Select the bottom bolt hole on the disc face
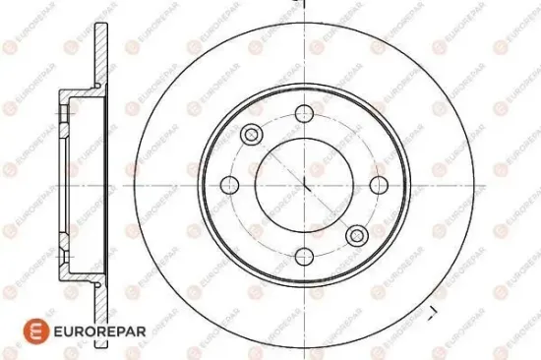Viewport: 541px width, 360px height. coord(304,257)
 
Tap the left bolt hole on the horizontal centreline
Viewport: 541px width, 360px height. coord(231,184)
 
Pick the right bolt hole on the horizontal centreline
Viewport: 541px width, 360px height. coord(378,184)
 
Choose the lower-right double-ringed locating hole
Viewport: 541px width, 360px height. coord(356,235)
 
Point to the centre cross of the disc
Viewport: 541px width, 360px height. coord(305,184)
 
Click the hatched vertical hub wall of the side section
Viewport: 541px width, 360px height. coord(60,184)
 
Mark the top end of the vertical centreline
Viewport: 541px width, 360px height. coord(304,4)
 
